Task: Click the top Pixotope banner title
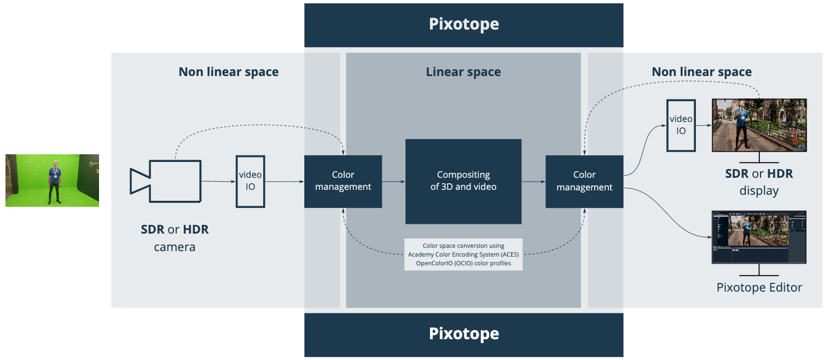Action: tap(463, 25)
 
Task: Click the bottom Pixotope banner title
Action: tap(463, 334)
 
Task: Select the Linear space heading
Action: tap(463, 72)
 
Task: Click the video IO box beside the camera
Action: tap(251, 181)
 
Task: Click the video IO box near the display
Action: tap(681, 125)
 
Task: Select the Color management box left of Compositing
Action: tap(343, 181)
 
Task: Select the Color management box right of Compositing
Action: tap(584, 181)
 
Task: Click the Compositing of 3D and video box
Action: tap(463, 181)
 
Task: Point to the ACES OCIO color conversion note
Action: tap(463, 254)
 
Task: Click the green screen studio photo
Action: tap(52, 181)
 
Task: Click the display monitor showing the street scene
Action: tap(759, 125)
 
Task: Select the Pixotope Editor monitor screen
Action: tap(759, 237)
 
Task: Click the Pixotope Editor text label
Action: tap(759, 287)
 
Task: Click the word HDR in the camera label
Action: tap(195, 229)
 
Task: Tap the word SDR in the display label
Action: tap(736, 174)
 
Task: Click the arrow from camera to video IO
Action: tap(218, 181)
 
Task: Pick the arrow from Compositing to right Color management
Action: tap(533, 181)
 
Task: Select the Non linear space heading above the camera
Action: tap(228, 72)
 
